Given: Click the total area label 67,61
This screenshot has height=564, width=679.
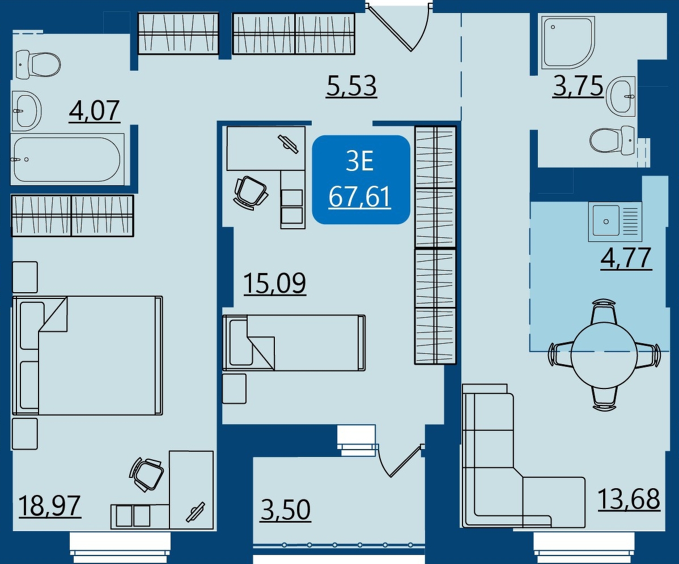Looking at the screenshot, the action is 360,197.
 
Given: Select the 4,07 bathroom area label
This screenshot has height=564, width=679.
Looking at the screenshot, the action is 94,111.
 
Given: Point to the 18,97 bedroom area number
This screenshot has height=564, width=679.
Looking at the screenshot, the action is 50,506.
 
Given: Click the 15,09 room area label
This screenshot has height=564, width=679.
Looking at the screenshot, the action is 275,283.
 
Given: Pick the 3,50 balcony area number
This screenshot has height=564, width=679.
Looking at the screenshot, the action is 286,510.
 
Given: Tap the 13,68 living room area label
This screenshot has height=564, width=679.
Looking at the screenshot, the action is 629,499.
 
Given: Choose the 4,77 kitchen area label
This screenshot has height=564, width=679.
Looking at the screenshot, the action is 626,258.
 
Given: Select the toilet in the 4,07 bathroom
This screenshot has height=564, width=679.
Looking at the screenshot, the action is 38,65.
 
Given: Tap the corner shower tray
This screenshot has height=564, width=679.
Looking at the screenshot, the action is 568,43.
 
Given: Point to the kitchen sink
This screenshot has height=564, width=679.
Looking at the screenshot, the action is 615,221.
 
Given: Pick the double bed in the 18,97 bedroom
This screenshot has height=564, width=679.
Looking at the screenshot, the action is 87,356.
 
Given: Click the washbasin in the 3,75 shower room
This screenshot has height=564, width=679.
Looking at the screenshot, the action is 621,97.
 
